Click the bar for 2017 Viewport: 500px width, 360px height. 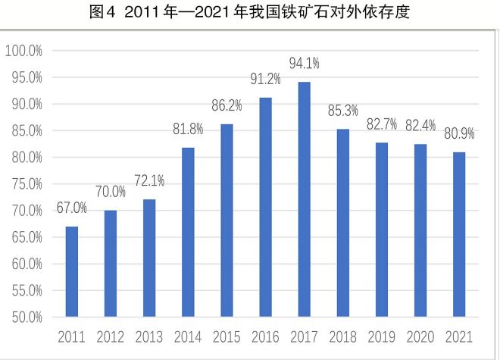click(304, 199)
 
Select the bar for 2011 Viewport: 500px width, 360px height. click(72, 271)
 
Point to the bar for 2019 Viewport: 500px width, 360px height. click(382, 229)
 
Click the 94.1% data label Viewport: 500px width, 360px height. click(305, 62)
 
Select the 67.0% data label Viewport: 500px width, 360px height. click(71, 208)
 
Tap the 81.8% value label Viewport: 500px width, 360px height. click(188, 129)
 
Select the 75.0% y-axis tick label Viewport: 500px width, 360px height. click(25, 183)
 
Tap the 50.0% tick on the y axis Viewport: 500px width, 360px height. click(25, 317)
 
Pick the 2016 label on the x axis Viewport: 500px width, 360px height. click(265, 336)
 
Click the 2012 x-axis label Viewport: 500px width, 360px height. click(111, 336)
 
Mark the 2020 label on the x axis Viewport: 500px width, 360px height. click(420, 336)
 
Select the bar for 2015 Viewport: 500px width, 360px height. click(227, 220)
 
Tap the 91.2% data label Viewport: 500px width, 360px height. click(265, 79)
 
